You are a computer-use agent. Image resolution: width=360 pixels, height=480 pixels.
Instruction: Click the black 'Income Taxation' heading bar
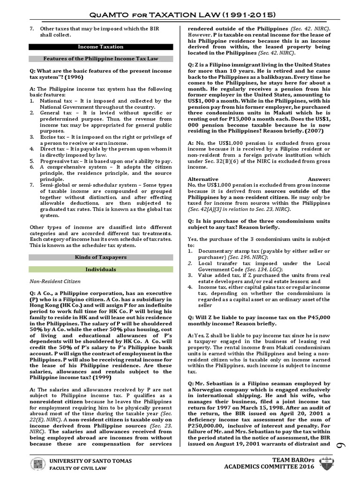click(101, 47)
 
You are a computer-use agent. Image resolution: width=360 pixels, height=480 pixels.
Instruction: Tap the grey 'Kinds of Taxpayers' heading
click(101, 257)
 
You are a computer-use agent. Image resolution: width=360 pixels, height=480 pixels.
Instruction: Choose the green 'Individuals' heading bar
click(101, 270)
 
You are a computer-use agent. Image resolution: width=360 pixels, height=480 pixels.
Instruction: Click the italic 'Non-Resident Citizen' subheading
click(56, 282)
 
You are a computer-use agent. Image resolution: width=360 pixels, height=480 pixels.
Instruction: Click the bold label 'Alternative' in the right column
click(203, 179)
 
